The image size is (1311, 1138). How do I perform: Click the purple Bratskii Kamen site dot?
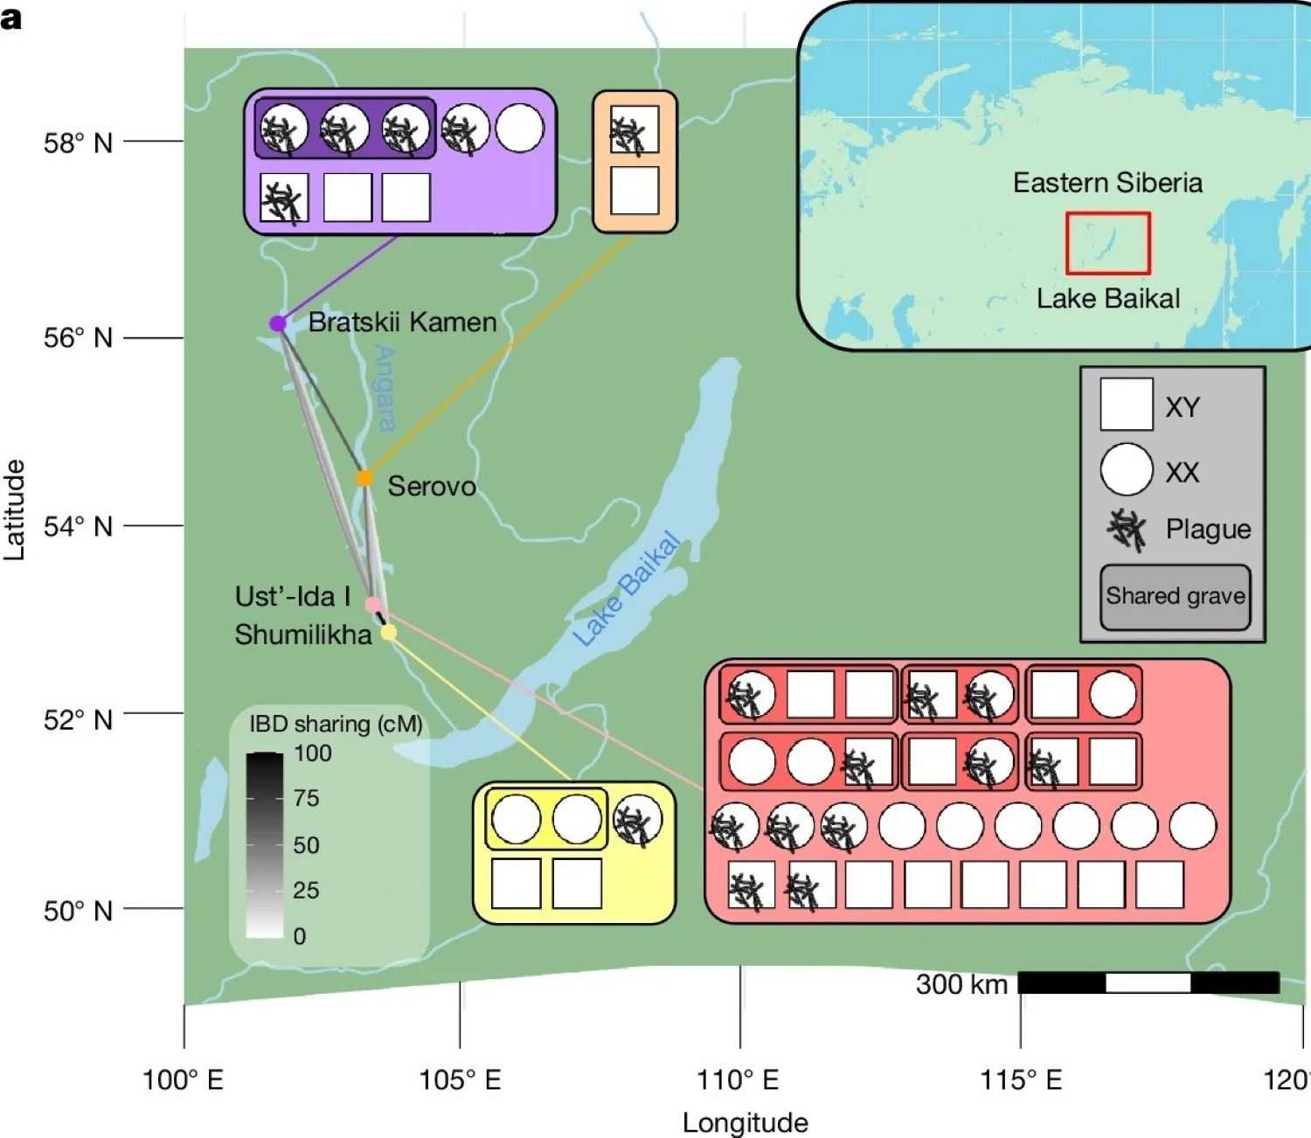pyautogui.click(x=277, y=323)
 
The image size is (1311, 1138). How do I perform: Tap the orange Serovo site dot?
pyautogui.click(x=364, y=478)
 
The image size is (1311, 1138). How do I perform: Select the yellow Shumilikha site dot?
pyautogui.click(x=388, y=633)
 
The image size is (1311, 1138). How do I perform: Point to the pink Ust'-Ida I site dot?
pyautogui.click(x=373, y=604)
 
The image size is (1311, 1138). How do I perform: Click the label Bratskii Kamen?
pyautogui.click(x=402, y=322)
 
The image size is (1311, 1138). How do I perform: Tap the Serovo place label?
pyautogui.click(x=432, y=486)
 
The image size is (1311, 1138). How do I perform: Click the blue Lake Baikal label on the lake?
pyautogui.click(x=626, y=588)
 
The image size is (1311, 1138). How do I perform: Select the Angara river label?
pyautogui.click(x=385, y=388)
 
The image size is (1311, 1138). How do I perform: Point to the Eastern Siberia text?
pyautogui.click(x=1107, y=183)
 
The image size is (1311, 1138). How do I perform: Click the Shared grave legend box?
pyautogui.click(x=1176, y=597)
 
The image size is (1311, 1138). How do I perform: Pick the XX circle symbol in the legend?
pyautogui.click(x=1127, y=469)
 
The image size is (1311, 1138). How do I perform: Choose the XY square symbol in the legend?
pyautogui.click(x=1127, y=405)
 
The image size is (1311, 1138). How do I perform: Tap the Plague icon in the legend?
pyautogui.click(x=1127, y=530)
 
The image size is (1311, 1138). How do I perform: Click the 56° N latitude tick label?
pyautogui.click(x=78, y=337)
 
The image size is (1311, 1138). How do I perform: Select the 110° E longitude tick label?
pyautogui.click(x=738, y=1079)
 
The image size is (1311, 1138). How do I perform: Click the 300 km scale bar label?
pyautogui.click(x=961, y=984)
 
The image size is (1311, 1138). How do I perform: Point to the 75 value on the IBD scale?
pyautogui.click(x=306, y=798)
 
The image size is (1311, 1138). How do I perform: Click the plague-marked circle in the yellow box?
pyautogui.click(x=637, y=819)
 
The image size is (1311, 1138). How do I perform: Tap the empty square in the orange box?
pyautogui.click(x=635, y=191)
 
